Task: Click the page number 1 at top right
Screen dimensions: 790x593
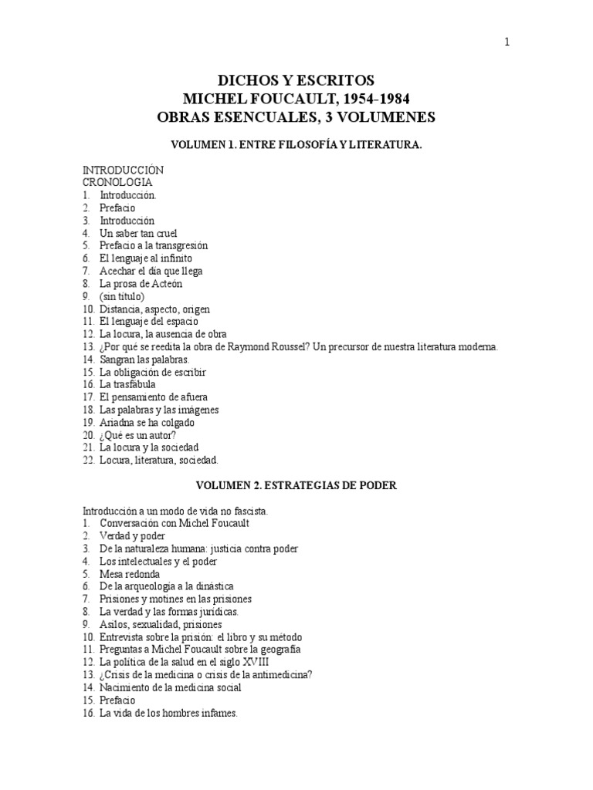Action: pyautogui.click(x=507, y=42)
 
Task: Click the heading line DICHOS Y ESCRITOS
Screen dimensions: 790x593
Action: pyautogui.click(x=296, y=80)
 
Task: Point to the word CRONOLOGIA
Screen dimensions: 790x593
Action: pyautogui.click(x=117, y=183)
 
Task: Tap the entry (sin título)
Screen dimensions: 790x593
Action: pyautogui.click(x=122, y=296)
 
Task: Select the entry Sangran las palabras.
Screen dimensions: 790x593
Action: pyautogui.click(x=144, y=360)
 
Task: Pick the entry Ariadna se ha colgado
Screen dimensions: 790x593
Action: pyautogui.click(x=147, y=422)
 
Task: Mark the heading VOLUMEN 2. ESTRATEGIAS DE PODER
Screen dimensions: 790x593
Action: pyautogui.click(x=296, y=485)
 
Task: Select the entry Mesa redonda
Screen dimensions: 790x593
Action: pyautogui.click(x=130, y=573)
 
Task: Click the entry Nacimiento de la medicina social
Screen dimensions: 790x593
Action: pyautogui.click(x=170, y=687)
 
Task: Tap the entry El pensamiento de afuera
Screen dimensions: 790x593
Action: pyautogui.click(x=153, y=397)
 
